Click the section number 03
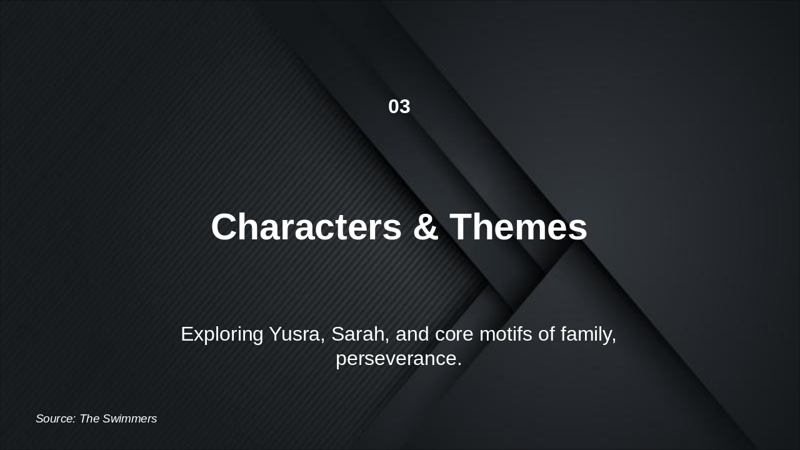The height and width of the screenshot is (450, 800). coord(399,107)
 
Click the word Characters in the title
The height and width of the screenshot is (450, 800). coord(306,227)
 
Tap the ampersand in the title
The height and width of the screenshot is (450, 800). coord(425,227)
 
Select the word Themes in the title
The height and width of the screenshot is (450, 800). coord(518,227)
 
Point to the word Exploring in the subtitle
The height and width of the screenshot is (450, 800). coord(222,334)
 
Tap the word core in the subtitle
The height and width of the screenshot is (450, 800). coord(454,334)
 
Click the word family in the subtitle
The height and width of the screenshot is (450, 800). coord(588,334)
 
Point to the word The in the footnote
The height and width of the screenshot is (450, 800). coord(89,419)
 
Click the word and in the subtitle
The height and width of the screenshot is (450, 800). coord(412,334)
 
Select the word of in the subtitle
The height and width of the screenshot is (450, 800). coord(546,334)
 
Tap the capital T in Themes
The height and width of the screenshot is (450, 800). coord(461,227)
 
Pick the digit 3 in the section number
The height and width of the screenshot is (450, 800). coord(405,107)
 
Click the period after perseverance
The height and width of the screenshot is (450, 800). coord(459,365)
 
